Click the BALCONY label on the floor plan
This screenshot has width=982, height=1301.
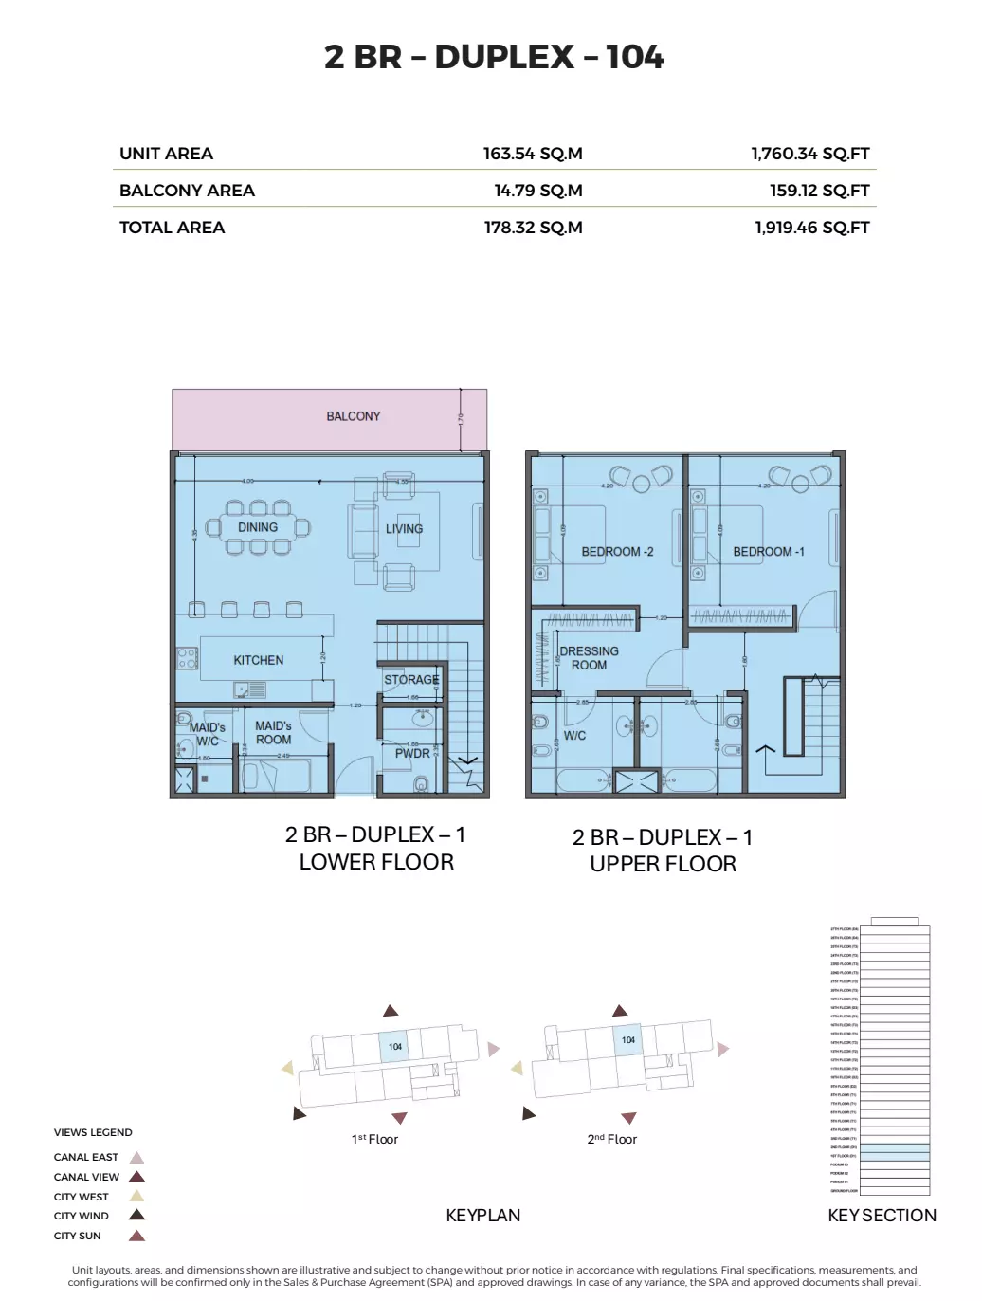353,416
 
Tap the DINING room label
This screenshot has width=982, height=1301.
258,527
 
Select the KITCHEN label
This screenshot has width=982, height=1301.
259,660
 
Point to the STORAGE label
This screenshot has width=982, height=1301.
411,680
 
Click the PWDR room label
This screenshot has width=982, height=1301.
412,754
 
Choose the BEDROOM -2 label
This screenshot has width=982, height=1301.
617,552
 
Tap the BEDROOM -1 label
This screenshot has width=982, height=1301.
768,552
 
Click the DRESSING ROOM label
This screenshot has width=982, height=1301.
589,658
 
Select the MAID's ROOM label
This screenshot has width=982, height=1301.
273,733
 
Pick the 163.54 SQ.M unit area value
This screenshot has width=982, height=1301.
533,154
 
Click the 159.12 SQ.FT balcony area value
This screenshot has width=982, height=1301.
819,191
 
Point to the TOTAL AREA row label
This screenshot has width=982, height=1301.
172,228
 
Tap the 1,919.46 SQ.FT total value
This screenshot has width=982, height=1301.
811,228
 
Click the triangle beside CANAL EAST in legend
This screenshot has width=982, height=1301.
136,1158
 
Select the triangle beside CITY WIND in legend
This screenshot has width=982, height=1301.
136,1216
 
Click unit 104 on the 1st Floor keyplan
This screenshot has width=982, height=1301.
394,1047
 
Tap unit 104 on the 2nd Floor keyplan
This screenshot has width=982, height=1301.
627,1040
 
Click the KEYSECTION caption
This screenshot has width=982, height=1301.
882,1216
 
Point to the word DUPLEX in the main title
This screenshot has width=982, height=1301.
504,57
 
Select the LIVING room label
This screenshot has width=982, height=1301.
404,529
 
